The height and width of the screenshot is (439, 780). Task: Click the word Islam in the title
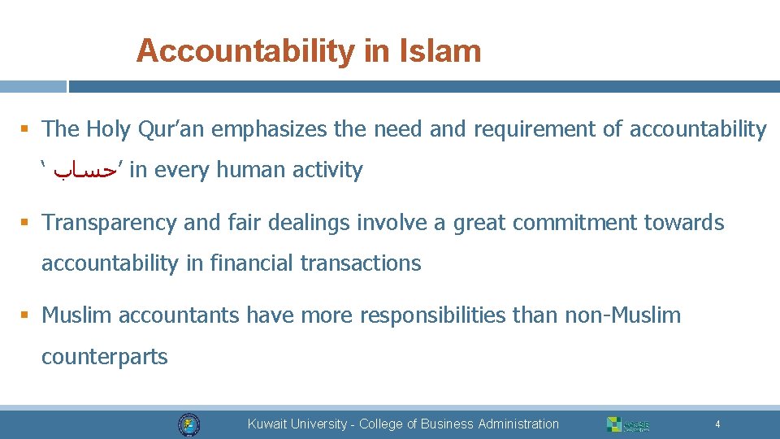pos(440,51)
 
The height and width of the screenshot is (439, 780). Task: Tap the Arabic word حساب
pos(85,171)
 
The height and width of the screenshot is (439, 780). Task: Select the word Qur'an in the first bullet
pos(169,128)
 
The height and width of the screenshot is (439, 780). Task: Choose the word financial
pos(251,263)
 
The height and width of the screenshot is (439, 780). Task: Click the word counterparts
pos(105,356)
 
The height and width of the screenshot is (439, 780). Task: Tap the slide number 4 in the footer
pos(717,424)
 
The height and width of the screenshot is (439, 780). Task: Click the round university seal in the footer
pos(188,424)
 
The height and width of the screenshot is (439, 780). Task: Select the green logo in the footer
pos(627,424)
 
